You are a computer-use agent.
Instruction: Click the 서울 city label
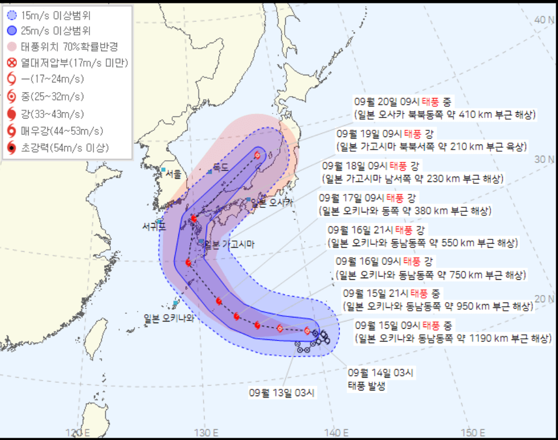(x=173, y=175)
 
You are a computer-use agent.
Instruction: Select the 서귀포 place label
(x=154, y=228)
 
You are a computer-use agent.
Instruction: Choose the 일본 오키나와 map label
(x=169, y=317)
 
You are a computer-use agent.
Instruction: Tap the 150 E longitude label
(x=473, y=432)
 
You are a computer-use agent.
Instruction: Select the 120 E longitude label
(x=78, y=432)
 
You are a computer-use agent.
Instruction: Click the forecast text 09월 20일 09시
(x=382, y=102)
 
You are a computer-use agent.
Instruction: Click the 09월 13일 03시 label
(x=280, y=392)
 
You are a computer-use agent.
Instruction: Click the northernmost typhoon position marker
(x=258, y=156)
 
